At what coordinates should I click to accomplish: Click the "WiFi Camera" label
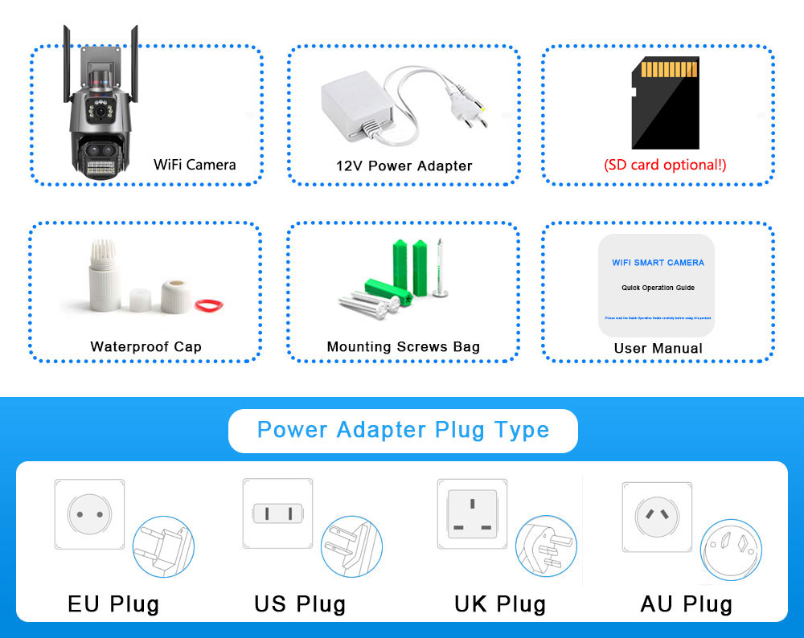coord(195,165)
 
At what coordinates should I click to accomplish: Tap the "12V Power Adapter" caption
coord(404,166)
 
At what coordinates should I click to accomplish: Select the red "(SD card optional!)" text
coord(665,165)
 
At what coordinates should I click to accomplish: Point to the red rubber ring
coord(210,304)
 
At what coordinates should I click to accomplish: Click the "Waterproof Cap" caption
coord(146,347)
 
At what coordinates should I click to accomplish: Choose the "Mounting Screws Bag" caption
coord(403,347)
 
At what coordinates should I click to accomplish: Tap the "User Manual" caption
coord(658,348)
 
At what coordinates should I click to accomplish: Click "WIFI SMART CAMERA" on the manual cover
coord(658,263)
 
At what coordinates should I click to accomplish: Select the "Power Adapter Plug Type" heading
coord(403,430)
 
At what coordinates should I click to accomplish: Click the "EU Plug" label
coord(113,603)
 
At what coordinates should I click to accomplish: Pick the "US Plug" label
coord(300,603)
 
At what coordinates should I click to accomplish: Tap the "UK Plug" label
coord(500,603)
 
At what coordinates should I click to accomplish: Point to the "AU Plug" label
coord(686,603)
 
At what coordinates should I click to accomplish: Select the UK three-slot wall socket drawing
coord(472,514)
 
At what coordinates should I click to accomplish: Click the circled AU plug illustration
coord(731,550)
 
